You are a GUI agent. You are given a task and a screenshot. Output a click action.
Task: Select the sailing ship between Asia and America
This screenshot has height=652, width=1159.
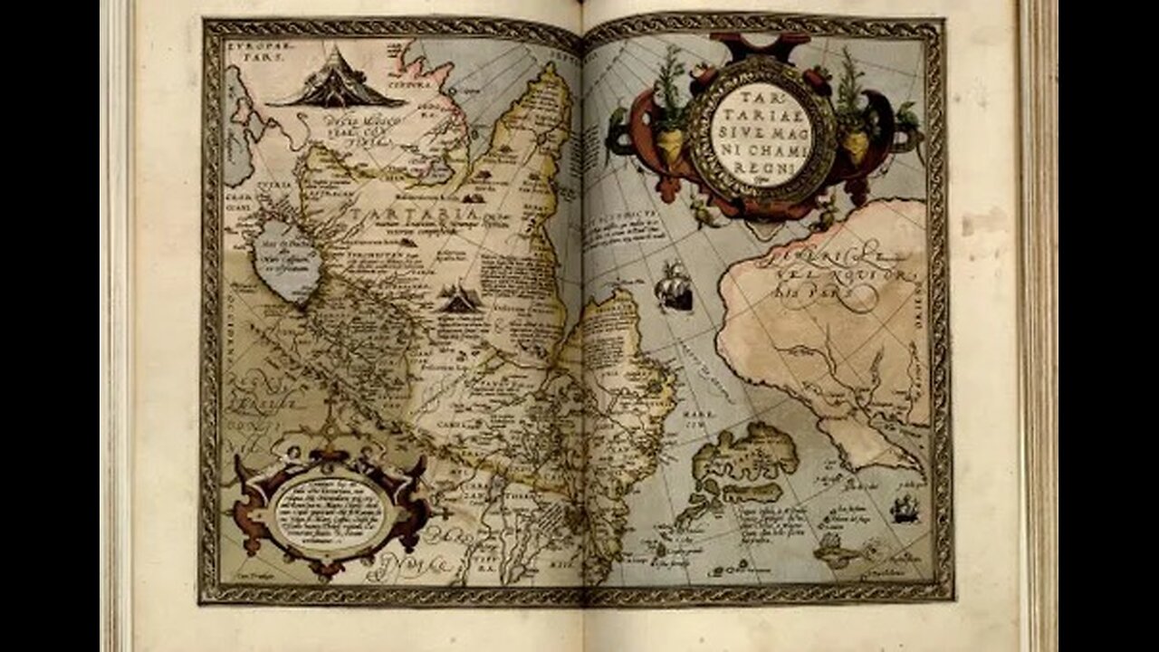(675, 287)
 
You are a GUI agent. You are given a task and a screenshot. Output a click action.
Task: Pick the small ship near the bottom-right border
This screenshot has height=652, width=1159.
(904, 509)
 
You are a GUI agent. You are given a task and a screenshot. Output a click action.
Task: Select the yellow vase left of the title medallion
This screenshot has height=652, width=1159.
(669, 145)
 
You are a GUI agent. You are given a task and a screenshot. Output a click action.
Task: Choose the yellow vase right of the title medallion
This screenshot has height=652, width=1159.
(856, 145)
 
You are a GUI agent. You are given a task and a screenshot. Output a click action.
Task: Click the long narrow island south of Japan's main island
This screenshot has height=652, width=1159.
(752, 494)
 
